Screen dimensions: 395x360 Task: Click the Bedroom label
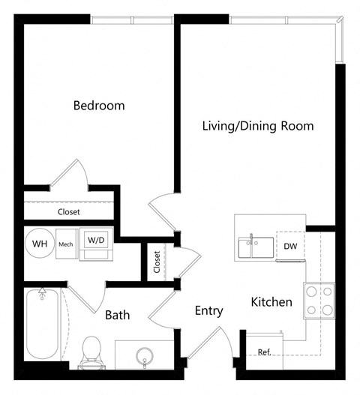point(98,106)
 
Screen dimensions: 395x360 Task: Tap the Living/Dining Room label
point(258,125)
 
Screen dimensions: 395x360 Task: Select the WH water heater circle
point(38,243)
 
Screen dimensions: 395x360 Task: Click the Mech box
point(66,243)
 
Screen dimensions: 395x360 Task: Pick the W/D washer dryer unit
point(95,242)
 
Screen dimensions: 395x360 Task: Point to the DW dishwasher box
point(290,246)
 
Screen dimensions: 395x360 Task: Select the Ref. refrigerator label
point(264,352)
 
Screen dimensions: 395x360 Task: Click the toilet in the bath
point(91,351)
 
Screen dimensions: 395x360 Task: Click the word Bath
point(117,316)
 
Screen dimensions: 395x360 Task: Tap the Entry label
point(208,310)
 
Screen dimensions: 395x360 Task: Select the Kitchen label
point(271,303)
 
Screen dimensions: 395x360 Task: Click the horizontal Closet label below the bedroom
point(69,212)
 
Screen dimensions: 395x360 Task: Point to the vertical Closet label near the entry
point(157,262)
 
